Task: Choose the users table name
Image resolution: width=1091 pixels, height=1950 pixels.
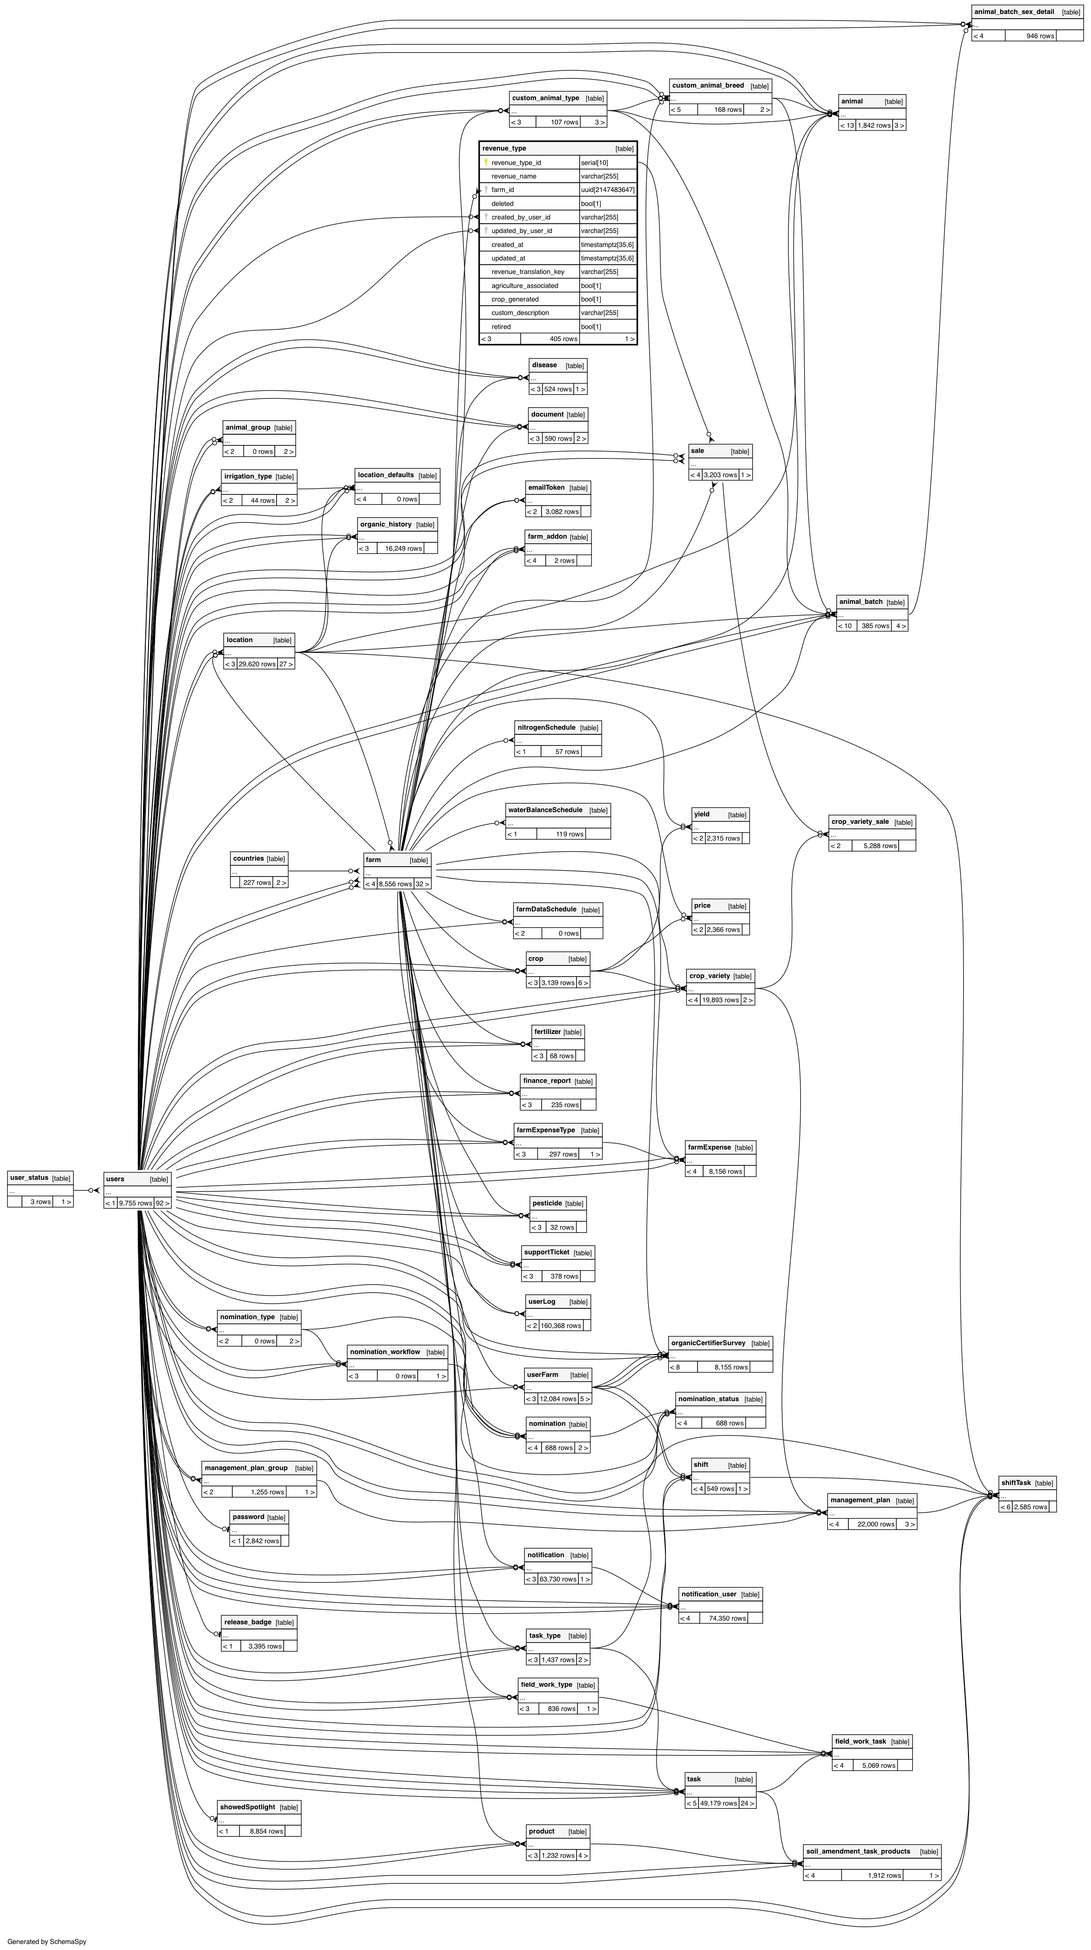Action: [x=115, y=1179]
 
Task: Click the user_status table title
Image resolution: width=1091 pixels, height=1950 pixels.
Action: [x=29, y=1178]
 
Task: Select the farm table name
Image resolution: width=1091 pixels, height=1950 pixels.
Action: [x=373, y=860]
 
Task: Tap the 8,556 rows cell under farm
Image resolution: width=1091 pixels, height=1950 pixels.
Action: [x=395, y=884]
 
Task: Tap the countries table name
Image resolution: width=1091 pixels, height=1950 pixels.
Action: [x=248, y=858]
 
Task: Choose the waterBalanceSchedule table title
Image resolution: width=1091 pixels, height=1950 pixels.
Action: [x=545, y=810]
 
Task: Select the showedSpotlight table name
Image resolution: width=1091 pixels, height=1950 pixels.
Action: [x=247, y=1807]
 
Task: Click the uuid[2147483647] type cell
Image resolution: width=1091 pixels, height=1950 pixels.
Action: [x=608, y=190]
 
